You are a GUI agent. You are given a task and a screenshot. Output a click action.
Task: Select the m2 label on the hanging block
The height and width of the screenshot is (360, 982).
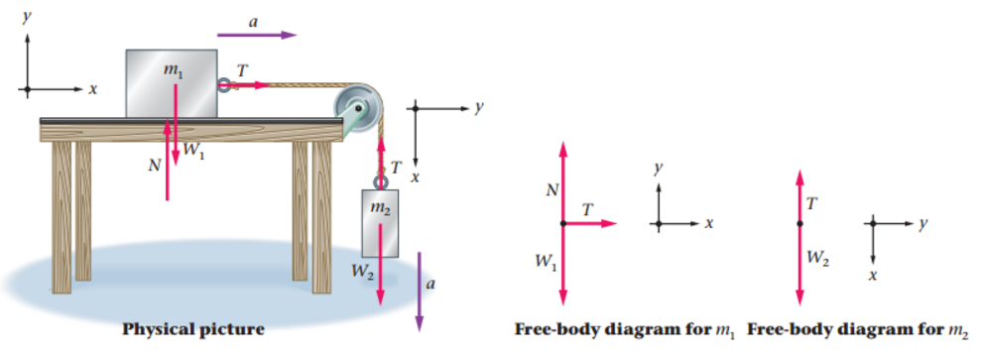point(379,208)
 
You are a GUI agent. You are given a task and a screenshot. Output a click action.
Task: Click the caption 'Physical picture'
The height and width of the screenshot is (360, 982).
point(192,329)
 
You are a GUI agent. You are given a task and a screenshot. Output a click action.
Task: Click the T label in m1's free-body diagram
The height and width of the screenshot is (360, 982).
point(588,210)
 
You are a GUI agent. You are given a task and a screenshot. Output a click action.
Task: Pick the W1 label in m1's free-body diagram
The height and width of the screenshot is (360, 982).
point(544,262)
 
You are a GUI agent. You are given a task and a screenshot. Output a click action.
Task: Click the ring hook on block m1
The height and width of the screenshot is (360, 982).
point(225,85)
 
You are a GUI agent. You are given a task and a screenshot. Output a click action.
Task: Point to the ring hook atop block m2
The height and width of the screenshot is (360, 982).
point(380,180)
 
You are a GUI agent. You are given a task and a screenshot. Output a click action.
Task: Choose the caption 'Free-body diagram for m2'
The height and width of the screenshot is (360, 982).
point(856,329)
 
